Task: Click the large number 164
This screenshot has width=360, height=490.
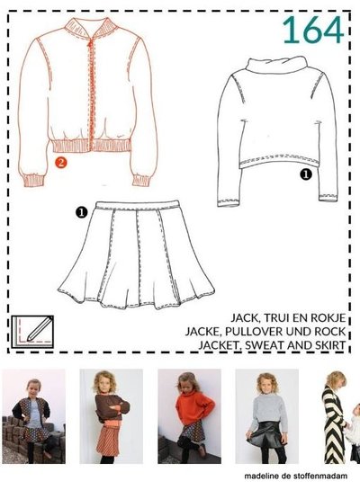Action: pyautogui.click(x=313, y=30)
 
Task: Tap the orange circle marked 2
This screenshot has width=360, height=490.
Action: pyautogui.click(x=60, y=162)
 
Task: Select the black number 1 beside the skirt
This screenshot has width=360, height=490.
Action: pyautogui.click(x=81, y=212)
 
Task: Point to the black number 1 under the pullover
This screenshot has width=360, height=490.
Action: pyautogui.click(x=306, y=174)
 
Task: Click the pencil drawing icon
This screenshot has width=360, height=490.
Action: pyautogui.click(x=32, y=332)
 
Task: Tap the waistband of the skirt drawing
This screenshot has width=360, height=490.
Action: pyautogui.click(x=138, y=206)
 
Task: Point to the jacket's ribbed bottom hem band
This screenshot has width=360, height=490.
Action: pyautogui.click(x=90, y=146)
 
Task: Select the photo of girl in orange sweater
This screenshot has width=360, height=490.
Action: pyautogui.click(x=189, y=416)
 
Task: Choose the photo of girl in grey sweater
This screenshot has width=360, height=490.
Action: pyautogui.click(x=266, y=416)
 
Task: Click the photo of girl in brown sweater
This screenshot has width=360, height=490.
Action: pyautogui.click(x=111, y=416)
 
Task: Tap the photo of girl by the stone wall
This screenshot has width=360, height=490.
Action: pyautogui.click(x=34, y=416)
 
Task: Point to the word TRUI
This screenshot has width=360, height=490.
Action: pyautogui.click(x=276, y=317)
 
